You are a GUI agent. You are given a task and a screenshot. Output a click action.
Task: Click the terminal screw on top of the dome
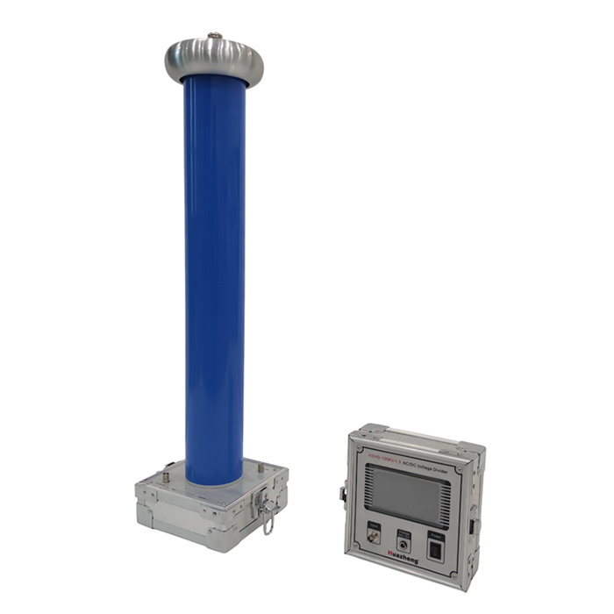pyautogui.click(x=214, y=36)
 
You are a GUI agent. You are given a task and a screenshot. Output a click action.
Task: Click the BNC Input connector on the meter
pyautogui.click(x=374, y=537)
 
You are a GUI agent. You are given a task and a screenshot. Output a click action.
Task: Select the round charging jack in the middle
pyautogui.click(x=403, y=543)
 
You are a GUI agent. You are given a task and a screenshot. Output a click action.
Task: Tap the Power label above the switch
pyautogui.click(x=435, y=536)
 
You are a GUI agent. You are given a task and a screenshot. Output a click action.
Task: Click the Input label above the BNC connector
pyautogui.click(x=374, y=524)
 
